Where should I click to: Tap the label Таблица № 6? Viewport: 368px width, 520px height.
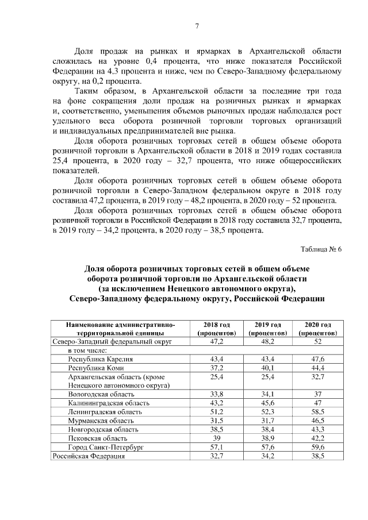pos(321,249)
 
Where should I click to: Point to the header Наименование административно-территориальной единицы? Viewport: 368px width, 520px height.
pos(120,329)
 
